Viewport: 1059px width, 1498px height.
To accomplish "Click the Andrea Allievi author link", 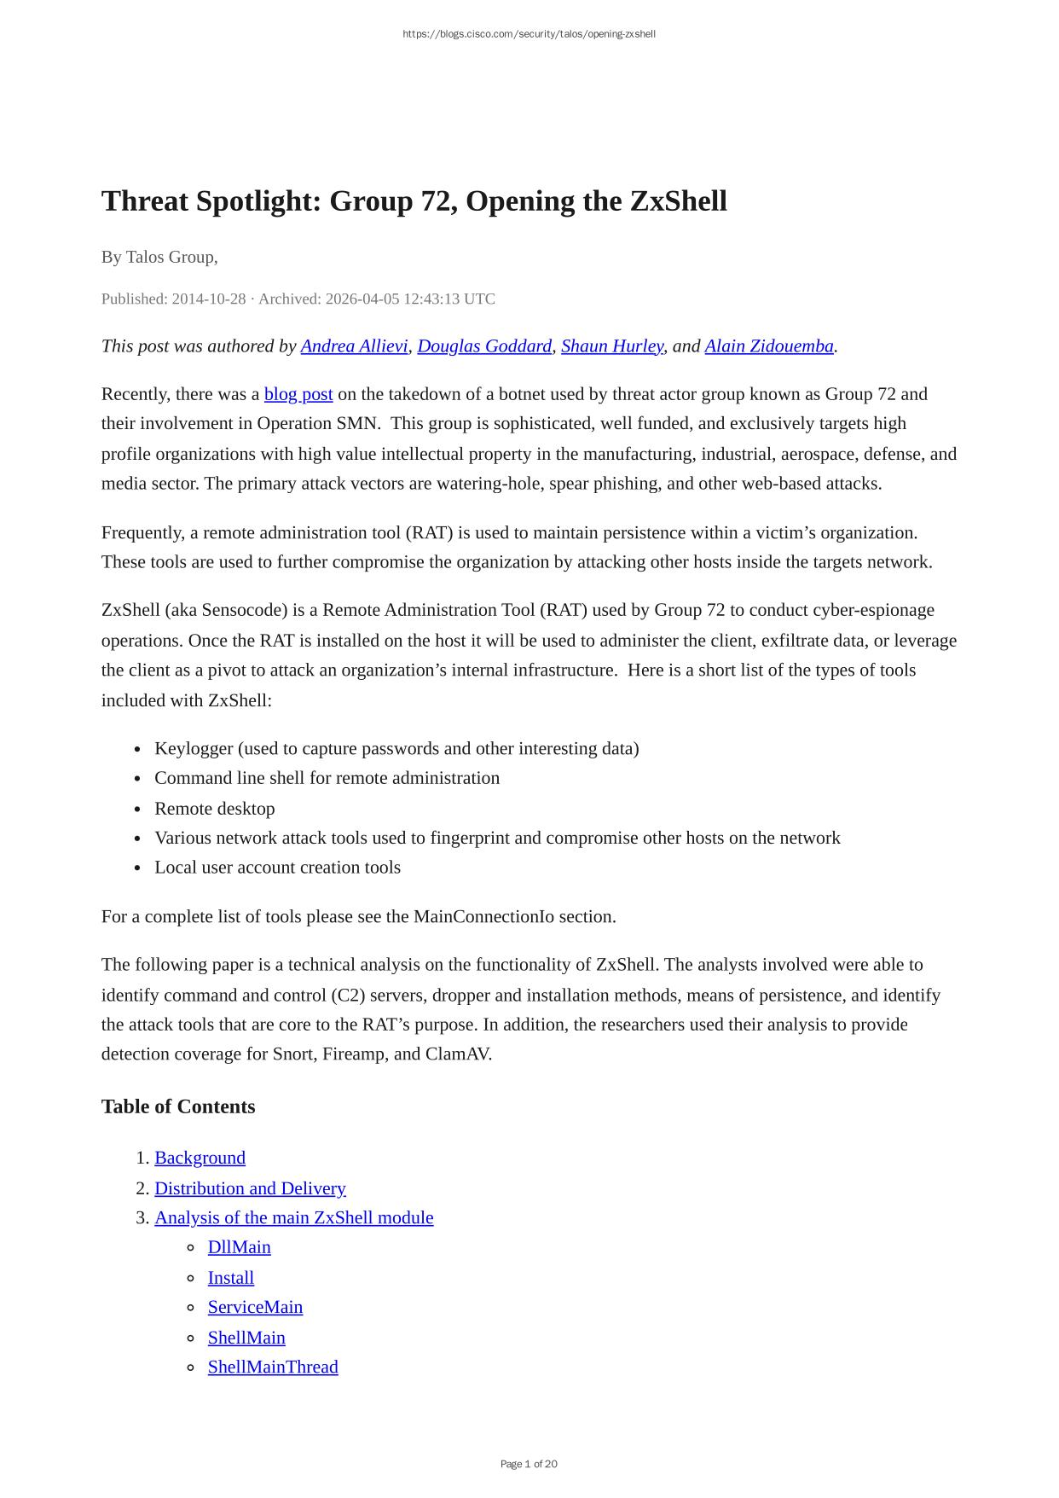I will click(354, 346).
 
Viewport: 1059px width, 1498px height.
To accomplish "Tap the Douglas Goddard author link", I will click(484, 346).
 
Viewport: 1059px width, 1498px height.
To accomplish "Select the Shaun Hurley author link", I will click(611, 346).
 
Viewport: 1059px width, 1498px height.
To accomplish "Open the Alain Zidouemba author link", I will click(768, 346).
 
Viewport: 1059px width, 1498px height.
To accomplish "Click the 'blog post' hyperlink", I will click(298, 394).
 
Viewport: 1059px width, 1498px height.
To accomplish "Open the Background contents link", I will click(200, 1158).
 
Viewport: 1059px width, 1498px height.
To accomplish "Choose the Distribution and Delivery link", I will click(250, 1188).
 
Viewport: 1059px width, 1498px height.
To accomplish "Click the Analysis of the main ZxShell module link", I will click(293, 1217).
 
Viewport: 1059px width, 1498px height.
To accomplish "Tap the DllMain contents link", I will click(239, 1247).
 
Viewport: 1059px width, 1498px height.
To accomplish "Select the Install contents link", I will click(230, 1278).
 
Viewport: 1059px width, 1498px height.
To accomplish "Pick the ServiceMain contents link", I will click(255, 1307).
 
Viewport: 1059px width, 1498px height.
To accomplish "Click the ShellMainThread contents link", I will click(273, 1367).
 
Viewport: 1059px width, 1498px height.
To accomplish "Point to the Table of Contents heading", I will click(178, 1106).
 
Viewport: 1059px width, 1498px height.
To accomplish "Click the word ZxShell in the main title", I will click(678, 201).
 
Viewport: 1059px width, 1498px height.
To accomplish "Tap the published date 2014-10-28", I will click(208, 299).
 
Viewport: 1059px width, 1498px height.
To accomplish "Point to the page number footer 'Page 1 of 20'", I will click(529, 1464).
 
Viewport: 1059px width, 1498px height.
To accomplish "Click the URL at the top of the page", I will click(529, 34).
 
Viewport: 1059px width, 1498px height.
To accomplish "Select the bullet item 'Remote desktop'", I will click(214, 809).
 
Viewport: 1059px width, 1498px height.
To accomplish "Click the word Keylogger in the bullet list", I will click(194, 748).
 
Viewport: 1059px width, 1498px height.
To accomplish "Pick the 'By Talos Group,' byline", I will click(159, 257).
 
